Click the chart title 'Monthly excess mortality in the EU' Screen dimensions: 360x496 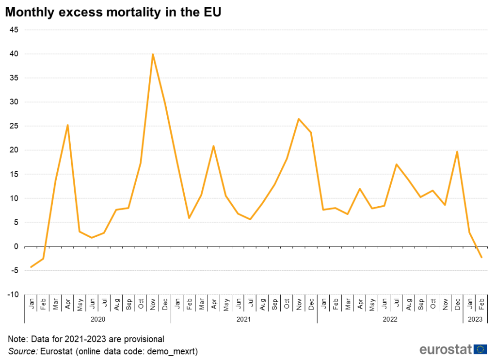pos(113,13)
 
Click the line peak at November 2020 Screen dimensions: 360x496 pos(153,54)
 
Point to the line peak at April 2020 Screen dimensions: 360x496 pos(67,125)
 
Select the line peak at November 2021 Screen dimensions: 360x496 pos(299,119)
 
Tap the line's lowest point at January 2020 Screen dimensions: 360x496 pos(31,267)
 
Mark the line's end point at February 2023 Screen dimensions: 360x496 pos(481,258)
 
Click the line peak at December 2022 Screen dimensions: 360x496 pos(457,152)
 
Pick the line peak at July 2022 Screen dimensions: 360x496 pos(396,164)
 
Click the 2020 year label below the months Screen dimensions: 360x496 pos(98,319)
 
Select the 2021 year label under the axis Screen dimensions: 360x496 pos(244,319)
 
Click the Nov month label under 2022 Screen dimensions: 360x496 pos(445,305)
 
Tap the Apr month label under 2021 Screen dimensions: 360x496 pos(213,305)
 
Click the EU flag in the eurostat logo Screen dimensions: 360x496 pos(481,349)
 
